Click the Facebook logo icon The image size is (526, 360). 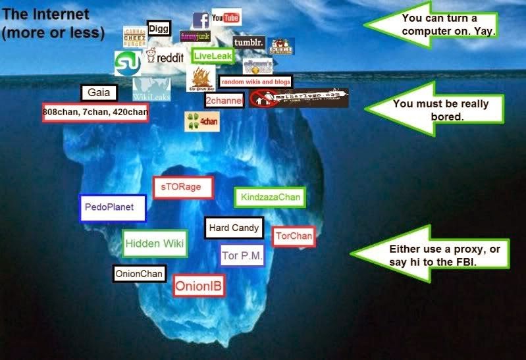pyautogui.click(x=201, y=20)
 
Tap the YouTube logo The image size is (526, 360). pyautogui.click(x=226, y=17)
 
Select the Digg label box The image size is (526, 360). pyautogui.click(x=158, y=28)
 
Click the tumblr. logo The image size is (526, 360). pyautogui.click(x=249, y=44)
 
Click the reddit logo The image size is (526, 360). pyautogui.click(x=164, y=58)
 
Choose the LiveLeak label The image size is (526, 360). pyautogui.click(x=209, y=56)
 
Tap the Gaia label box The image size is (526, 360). pyautogui.click(x=99, y=93)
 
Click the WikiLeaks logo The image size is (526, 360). pyautogui.click(x=151, y=90)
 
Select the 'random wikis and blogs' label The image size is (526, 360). pyautogui.click(x=255, y=82)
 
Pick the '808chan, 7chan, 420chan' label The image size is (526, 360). pyautogui.click(x=95, y=113)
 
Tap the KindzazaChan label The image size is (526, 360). pyautogui.click(x=270, y=197)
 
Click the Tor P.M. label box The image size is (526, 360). pyautogui.click(x=242, y=255)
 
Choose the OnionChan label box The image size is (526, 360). pyautogui.click(x=139, y=273)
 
